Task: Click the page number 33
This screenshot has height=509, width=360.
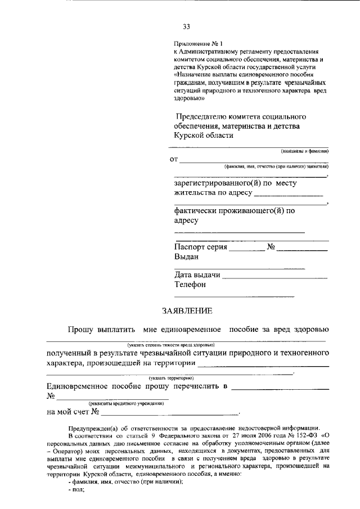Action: click(186, 26)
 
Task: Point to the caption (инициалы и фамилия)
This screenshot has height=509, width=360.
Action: click(304, 151)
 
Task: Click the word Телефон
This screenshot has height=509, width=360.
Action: click(190, 285)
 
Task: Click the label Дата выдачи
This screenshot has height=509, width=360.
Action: click(197, 275)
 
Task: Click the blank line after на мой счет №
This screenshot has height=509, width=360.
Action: click(169, 413)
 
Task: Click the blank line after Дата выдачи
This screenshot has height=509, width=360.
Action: click(276, 277)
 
